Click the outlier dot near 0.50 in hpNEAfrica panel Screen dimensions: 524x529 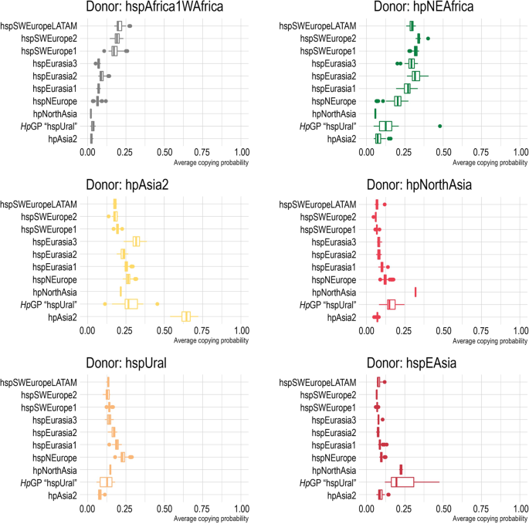(x=439, y=126)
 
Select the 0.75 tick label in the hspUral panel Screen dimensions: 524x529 (x=202, y=509)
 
